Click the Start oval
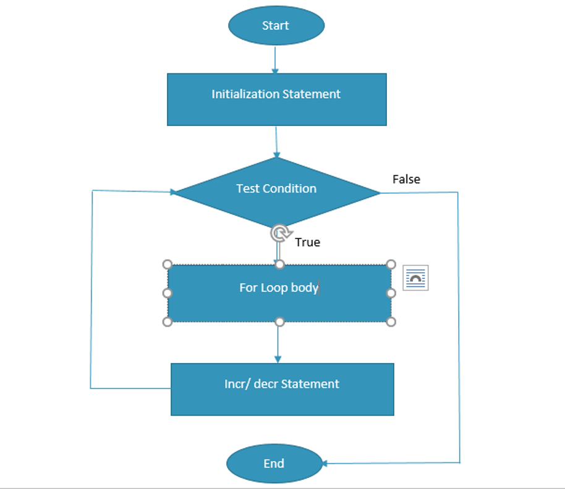coord(276,26)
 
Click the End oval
coord(274,463)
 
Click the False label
coord(406,179)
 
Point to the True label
coord(307,242)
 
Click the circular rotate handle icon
coord(279,233)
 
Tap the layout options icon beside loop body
coord(416,278)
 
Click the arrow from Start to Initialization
coord(275,60)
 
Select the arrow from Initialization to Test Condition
coord(276,141)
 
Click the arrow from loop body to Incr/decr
coord(278,343)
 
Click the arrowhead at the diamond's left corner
coord(174,192)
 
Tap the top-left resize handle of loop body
coord(167,264)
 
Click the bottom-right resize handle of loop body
coord(391,322)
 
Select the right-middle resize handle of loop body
coord(391,293)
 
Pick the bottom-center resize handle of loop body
coord(279,322)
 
